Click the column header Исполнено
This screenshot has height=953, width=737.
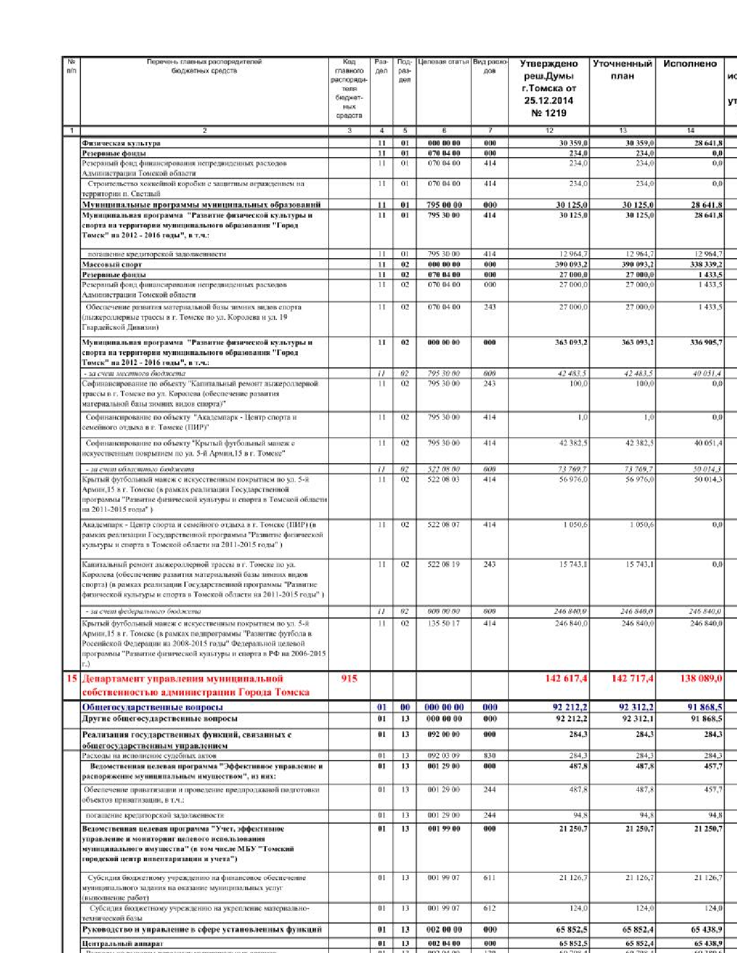[690, 64]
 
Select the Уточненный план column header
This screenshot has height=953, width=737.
[622, 70]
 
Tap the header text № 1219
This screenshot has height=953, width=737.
[549, 113]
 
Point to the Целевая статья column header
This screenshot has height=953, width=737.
[443, 62]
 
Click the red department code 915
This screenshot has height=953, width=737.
[349, 679]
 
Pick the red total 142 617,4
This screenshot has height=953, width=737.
[566, 679]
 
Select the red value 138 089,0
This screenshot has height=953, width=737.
[701, 679]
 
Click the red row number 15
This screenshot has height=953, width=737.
[71, 678]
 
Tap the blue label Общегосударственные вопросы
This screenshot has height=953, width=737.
[152, 707]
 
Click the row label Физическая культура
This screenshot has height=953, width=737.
[121, 143]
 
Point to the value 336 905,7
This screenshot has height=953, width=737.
[706, 343]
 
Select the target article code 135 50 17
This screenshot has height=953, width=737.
[443, 623]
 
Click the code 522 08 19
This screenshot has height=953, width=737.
[443, 564]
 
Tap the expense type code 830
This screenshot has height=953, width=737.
[490, 755]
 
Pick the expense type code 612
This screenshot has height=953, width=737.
[490, 909]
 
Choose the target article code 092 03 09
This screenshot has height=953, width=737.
[443, 755]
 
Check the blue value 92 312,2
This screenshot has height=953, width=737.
[636, 707]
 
